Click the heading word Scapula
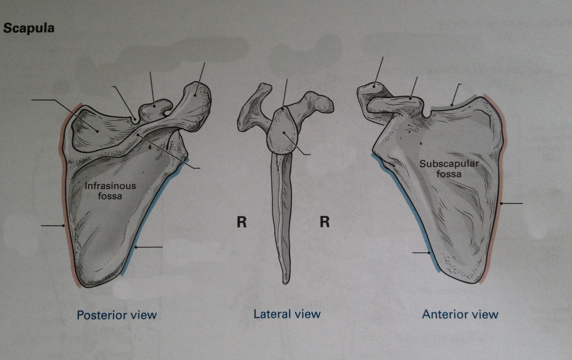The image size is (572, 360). click(x=28, y=29)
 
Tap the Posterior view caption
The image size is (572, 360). click(x=117, y=315)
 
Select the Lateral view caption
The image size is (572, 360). click(x=287, y=314)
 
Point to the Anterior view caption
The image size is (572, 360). click(x=460, y=314)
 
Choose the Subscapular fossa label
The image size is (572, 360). click(x=442, y=169)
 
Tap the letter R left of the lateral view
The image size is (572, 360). click(x=241, y=223)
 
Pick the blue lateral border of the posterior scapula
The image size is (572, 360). click(x=146, y=227)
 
